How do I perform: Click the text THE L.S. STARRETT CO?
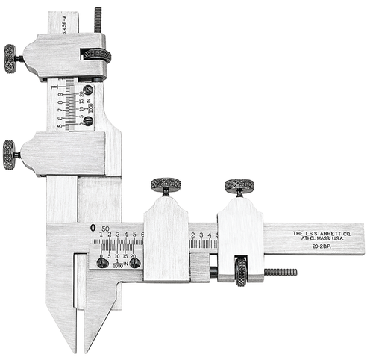point(318,234)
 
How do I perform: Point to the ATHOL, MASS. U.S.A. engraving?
point(318,240)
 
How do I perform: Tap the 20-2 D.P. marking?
point(318,247)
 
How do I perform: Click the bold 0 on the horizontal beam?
point(93,228)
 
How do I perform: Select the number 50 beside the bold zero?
point(105,229)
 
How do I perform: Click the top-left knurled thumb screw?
point(10,58)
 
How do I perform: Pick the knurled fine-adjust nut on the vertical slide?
point(97,55)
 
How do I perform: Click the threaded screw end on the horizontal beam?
point(280,272)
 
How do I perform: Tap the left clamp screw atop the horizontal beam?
point(166,185)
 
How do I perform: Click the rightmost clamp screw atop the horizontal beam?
point(239,185)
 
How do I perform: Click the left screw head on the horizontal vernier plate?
point(102,263)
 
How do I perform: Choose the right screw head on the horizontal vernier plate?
point(135,263)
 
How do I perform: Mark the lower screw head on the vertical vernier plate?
point(88,121)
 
